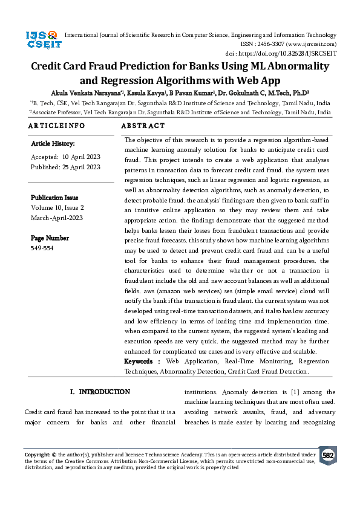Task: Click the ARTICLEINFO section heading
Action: point(56,126)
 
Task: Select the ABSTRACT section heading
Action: point(143,126)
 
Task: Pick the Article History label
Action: point(53,144)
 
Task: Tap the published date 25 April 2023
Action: point(81,167)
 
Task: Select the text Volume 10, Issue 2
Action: point(57,207)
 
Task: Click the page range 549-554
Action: point(42,248)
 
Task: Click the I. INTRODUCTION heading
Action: point(100,392)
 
